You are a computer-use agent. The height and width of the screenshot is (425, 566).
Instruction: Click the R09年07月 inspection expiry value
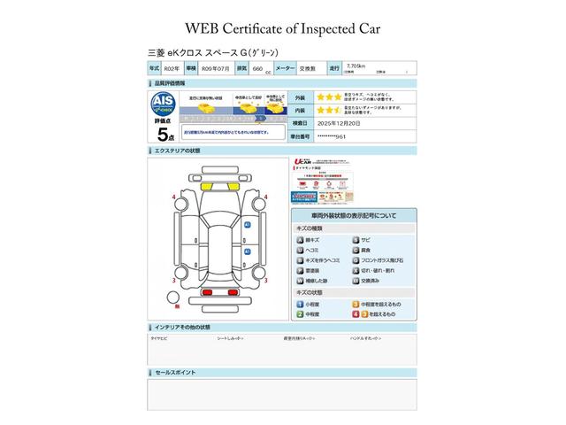click(216, 67)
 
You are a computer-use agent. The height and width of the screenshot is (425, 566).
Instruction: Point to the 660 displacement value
click(257, 67)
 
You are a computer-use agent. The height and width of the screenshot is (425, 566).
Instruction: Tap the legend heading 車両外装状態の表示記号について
click(353, 215)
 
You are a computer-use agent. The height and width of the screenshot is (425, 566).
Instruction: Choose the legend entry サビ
click(366, 240)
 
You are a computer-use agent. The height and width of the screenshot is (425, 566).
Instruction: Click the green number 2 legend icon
click(300, 313)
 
